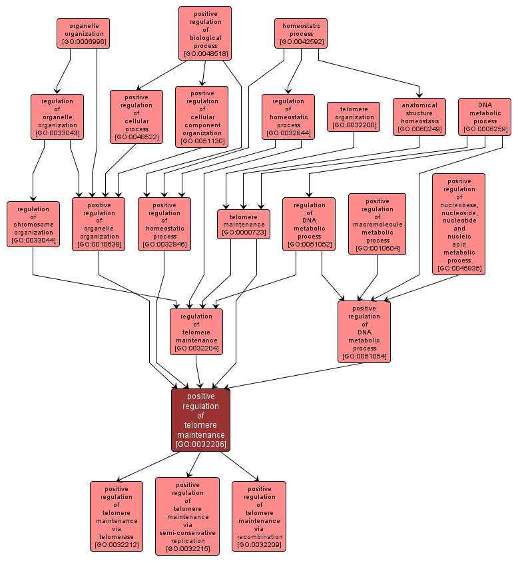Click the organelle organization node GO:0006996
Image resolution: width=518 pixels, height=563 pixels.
pos(83,33)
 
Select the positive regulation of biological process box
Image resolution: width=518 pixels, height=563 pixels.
pos(205,33)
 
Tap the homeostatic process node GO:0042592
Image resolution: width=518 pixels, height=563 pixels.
pos(301,33)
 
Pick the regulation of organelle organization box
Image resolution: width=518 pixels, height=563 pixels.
pos(57,117)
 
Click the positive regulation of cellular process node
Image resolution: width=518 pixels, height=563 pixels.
pos(136,117)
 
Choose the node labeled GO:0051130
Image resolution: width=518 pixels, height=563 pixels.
pos(202,117)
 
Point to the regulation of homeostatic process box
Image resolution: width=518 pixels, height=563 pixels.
pos(288,117)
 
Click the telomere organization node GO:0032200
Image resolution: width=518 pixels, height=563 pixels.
pos(354,117)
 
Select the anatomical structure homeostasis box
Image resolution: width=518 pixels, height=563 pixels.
pos(419,117)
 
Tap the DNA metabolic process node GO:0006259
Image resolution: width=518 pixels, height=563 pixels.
pos(485,117)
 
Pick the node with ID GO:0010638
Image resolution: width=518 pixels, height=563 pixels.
pos(99,224)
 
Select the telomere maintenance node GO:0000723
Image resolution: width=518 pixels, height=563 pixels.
pos(244,224)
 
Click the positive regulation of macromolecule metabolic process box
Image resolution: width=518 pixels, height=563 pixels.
pos(377,224)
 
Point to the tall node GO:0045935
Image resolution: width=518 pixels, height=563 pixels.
pos(459,224)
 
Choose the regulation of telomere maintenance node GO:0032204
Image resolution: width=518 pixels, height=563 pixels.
pos(196,331)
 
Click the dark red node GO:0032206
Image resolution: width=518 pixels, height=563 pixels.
pos(200,420)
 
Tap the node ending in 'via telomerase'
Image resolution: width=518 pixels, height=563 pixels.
pos(117,516)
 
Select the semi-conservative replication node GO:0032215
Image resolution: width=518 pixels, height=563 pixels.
pos(187,516)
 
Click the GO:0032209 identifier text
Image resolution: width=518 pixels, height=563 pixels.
pos(259,545)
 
